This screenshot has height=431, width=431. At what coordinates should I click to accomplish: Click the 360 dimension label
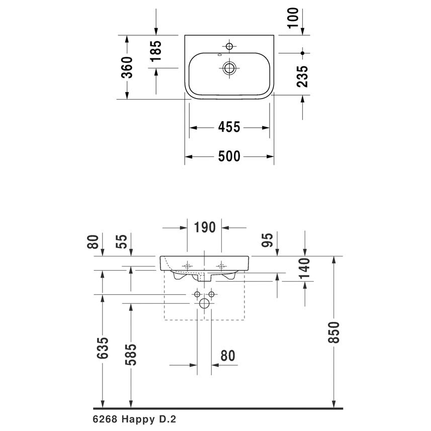tap(127, 67)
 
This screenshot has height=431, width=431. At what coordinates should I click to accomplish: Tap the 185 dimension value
tap(156, 51)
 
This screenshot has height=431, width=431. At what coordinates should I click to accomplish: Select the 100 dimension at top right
tap(293, 18)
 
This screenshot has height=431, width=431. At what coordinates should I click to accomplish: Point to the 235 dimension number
tap(302, 76)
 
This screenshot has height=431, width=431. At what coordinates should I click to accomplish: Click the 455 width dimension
tap(229, 127)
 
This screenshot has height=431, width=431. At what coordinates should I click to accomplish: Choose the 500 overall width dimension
tap(229, 156)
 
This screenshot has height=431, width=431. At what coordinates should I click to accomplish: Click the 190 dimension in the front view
tap(205, 228)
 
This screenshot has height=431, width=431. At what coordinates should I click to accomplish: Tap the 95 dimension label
tap(267, 240)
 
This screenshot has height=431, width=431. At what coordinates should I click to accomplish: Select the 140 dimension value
tap(305, 268)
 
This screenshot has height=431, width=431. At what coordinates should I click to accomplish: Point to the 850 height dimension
tap(334, 332)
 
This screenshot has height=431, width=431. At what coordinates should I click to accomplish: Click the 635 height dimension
tap(103, 348)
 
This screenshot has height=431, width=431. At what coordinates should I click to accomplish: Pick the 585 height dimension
tap(131, 355)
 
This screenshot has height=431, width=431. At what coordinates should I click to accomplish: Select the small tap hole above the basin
tap(229, 46)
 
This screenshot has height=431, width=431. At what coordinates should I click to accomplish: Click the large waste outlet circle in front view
tap(204, 303)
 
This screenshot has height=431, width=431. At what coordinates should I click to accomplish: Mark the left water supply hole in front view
tap(197, 294)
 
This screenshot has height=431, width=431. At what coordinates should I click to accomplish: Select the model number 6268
tap(105, 419)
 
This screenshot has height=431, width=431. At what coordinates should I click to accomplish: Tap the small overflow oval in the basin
tap(219, 55)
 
